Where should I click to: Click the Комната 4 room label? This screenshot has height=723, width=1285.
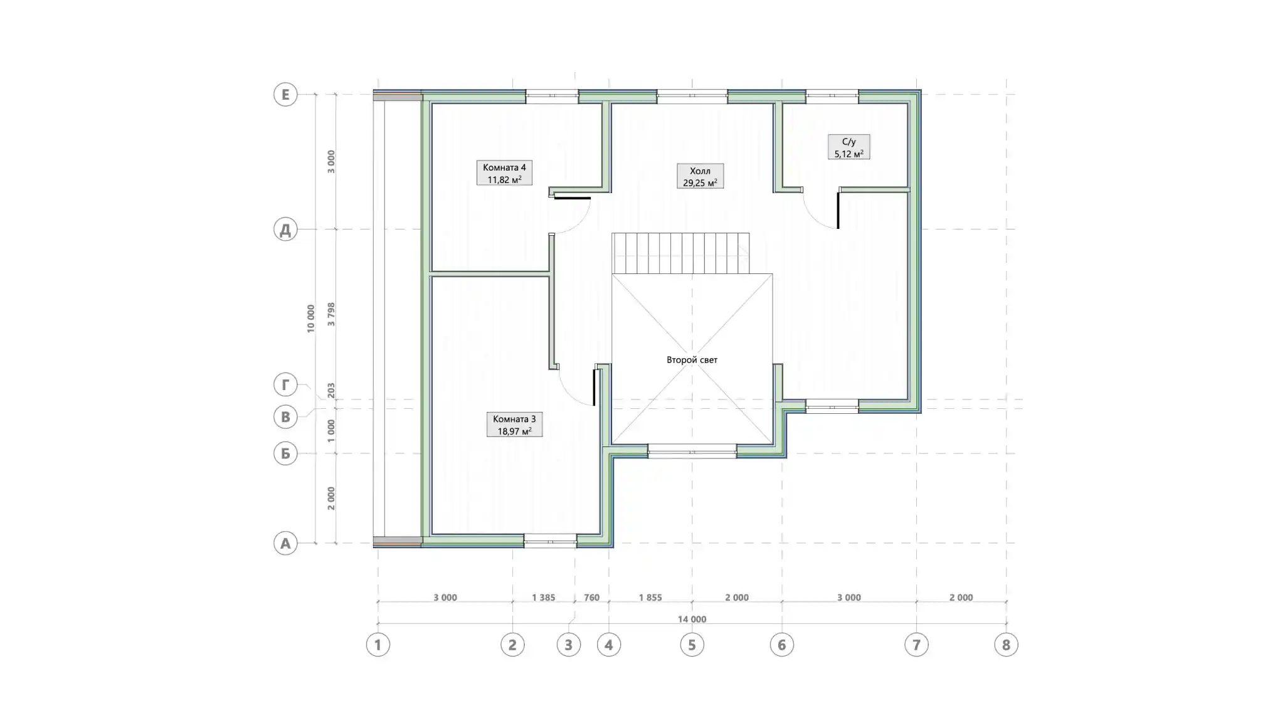[x=504, y=173]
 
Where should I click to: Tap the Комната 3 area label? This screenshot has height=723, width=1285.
[x=514, y=425]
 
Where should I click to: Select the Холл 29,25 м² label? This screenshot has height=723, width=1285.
[x=700, y=176]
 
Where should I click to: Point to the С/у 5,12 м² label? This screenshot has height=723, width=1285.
[x=849, y=147]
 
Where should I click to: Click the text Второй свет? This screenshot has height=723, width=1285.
[x=692, y=360]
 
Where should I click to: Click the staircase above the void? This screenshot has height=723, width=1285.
[x=681, y=253]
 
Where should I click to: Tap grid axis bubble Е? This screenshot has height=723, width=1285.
[x=285, y=95]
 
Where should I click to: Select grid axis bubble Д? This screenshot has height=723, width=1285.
[x=285, y=230]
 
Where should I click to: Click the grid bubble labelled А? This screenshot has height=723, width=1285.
[x=285, y=543]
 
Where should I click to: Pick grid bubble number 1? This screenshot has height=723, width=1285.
[x=378, y=645]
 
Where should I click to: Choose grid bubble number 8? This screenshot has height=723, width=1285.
[x=1006, y=645]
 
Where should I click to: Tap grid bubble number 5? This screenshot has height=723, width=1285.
[x=692, y=645]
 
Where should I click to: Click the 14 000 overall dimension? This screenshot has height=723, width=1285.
[x=692, y=620]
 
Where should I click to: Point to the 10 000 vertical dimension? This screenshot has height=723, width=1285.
[x=310, y=319]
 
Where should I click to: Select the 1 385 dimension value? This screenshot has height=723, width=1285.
[x=543, y=598]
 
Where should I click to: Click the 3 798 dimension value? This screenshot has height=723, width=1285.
[x=331, y=314]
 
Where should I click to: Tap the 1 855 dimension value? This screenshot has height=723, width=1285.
[x=650, y=598]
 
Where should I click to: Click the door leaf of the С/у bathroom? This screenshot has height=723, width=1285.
[x=838, y=210]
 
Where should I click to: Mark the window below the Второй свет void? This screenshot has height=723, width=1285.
[x=692, y=451]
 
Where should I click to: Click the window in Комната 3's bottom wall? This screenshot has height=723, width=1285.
[x=550, y=541]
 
